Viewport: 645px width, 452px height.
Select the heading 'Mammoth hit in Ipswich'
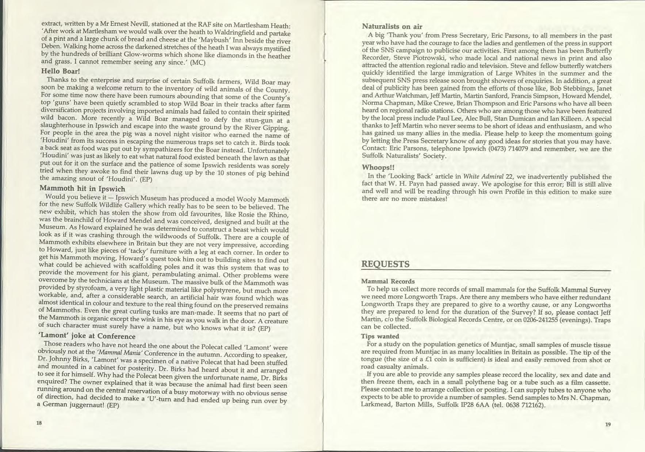[82, 189]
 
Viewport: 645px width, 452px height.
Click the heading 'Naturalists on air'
[392, 26]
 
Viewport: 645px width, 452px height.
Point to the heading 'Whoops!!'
[375, 167]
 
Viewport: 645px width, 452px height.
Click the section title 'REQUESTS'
[385, 264]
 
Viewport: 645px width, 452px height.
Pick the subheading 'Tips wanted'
[380, 336]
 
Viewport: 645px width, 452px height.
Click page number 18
[39, 423]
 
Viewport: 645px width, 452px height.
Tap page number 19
[607, 424]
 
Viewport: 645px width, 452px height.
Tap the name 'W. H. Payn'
[389, 184]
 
